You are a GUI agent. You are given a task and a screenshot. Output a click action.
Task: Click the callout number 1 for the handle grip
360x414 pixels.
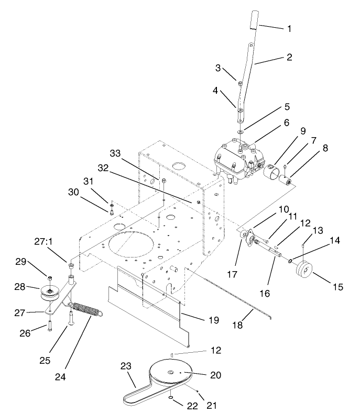[x=289, y=28]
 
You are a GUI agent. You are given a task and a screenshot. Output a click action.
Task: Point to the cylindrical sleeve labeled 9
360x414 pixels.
[x=273, y=173]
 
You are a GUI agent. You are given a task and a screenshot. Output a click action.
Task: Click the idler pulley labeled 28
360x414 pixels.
[x=49, y=294]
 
